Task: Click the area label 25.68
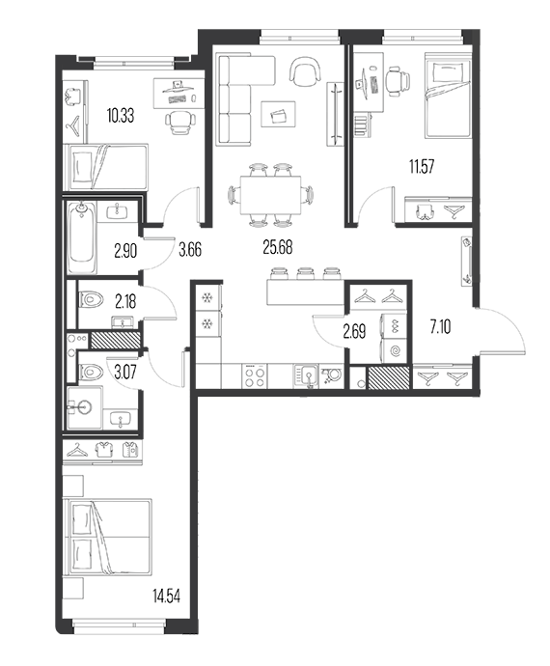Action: (277, 247)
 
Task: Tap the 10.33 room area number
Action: (121, 116)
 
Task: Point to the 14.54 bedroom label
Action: (167, 596)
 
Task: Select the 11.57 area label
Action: (422, 166)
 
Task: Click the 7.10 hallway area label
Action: (440, 327)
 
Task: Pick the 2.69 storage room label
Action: (354, 332)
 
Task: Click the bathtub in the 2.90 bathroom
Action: (82, 237)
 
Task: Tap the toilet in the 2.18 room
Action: (92, 299)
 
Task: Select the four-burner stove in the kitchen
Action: (255, 376)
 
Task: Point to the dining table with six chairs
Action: (270, 195)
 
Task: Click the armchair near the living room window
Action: (304, 71)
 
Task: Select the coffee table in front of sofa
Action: (278, 114)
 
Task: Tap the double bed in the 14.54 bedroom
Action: (107, 538)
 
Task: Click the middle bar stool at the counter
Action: (305, 273)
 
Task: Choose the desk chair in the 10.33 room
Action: (178, 123)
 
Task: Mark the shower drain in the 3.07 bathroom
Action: (84, 407)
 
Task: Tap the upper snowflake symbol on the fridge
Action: (207, 298)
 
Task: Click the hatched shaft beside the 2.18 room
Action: (115, 340)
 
